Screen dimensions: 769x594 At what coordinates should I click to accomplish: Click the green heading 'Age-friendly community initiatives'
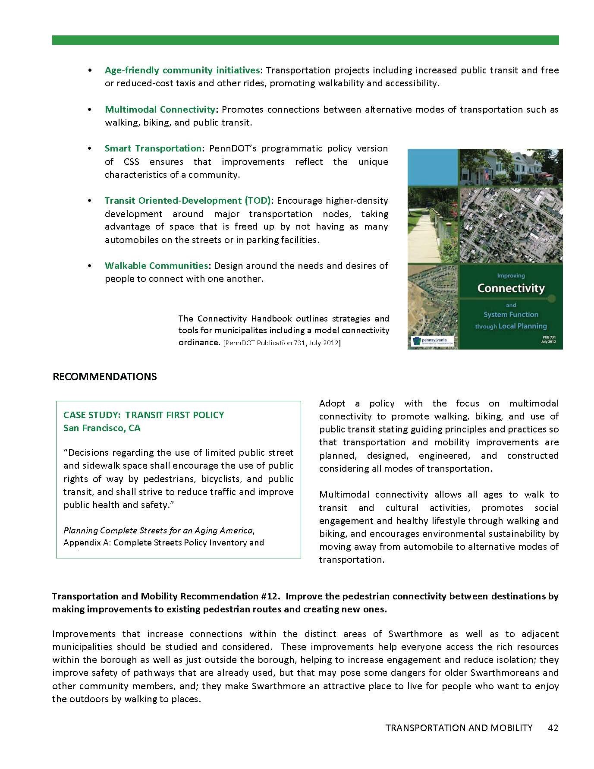(182, 70)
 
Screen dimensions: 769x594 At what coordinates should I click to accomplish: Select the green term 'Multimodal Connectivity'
(160, 110)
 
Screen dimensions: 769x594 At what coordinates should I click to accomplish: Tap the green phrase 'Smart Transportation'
(153, 148)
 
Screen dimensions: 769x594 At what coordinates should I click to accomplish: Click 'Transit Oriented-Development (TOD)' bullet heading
(188, 201)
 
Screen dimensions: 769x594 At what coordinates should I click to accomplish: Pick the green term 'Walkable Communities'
(156, 266)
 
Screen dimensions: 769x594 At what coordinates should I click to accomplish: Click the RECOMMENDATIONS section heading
(104, 377)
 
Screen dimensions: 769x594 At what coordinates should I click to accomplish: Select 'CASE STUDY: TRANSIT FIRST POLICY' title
(144, 415)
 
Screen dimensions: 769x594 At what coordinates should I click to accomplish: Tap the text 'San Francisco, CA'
(102, 428)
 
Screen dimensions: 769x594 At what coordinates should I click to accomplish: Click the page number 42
(553, 728)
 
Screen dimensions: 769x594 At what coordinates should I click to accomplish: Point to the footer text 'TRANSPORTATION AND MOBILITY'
(459, 728)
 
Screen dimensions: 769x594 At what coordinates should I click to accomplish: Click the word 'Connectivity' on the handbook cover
(511, 288)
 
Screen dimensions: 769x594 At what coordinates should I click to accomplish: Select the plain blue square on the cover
(432, 167)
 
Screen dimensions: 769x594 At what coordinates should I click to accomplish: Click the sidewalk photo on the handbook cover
(432, 224)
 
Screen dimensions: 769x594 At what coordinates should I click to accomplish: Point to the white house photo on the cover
(511, 167)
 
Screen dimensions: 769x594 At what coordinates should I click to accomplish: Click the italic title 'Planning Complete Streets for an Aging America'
(159, 530)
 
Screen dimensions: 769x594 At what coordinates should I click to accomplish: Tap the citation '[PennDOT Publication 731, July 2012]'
(282, 344)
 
